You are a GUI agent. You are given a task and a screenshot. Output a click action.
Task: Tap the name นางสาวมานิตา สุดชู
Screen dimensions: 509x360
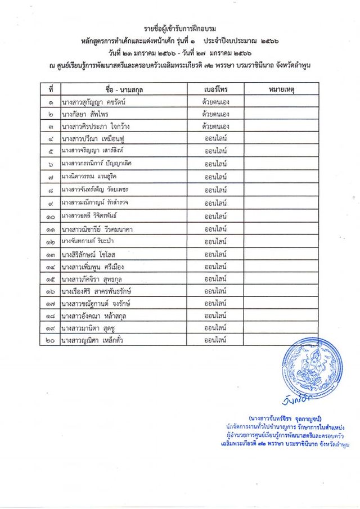pos(89,327)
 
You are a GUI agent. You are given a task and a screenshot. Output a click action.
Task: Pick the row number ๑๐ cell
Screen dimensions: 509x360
pos(50,217)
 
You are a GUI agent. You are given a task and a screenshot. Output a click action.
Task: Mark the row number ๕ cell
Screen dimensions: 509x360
pos(51,151)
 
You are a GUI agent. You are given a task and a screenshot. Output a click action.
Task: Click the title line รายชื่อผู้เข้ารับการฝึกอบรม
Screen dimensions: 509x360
pos(180,29)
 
